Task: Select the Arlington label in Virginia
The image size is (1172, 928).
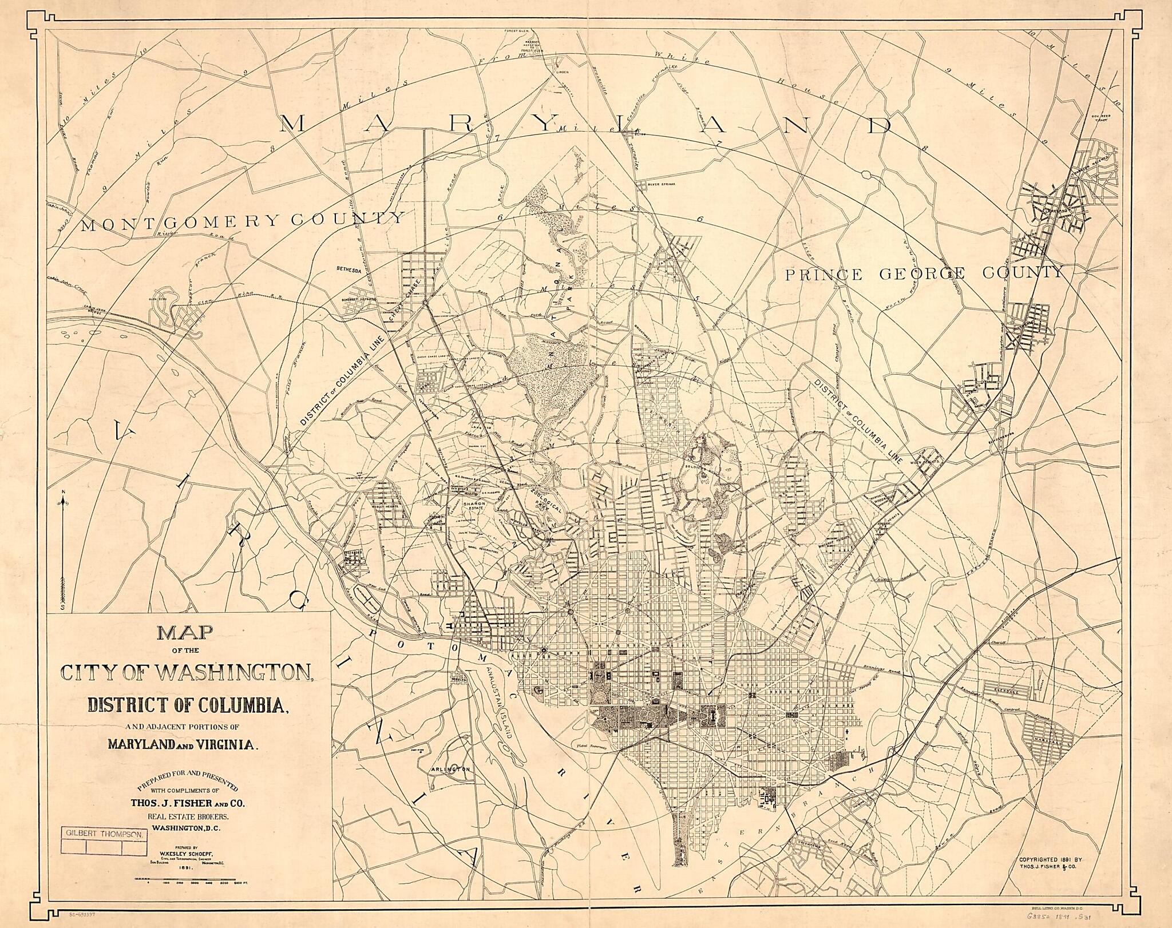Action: (450, 770)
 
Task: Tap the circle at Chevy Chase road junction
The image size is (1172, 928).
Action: (425, 302)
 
